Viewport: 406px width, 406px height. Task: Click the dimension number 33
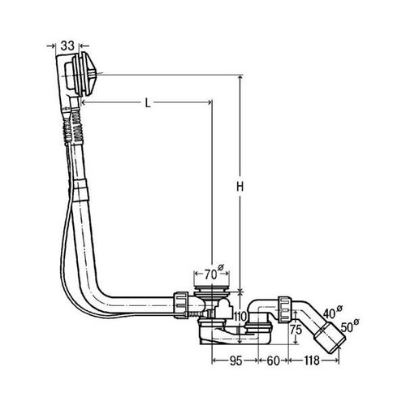(67, 45)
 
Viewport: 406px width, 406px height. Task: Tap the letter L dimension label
(148, 103)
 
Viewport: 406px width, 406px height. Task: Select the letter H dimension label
(240, 187)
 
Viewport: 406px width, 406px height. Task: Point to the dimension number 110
(240, 316)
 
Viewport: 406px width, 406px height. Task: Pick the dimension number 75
(296, 330)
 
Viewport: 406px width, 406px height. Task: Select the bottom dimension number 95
(235, 361)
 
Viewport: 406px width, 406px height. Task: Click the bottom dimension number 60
(273, 361)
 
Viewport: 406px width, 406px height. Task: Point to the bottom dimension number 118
(312, 361)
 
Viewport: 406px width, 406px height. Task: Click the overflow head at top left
(76, 75)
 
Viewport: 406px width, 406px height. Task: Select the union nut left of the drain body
(181, 305)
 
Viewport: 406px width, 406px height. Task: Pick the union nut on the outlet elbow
(284, 309)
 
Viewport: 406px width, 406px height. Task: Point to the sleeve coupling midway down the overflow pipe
(80, 190)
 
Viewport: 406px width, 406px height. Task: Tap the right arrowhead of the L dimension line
(209, 102)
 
